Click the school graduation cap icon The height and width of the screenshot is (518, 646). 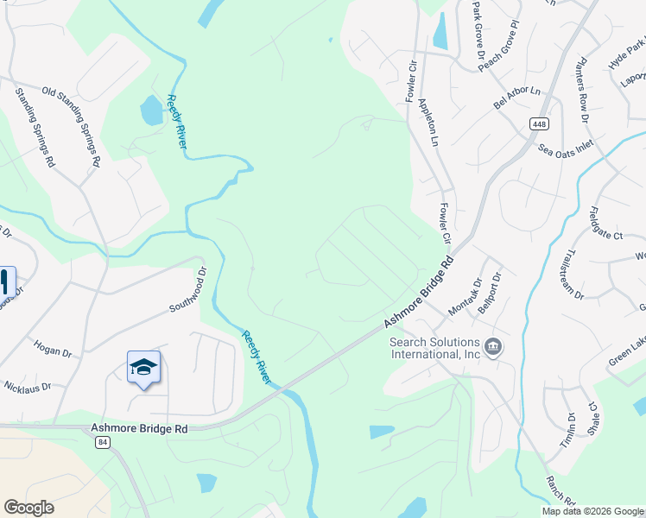point(143,369)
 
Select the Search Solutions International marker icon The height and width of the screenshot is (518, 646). point(493,348)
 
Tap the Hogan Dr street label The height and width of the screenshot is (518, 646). point(53,351)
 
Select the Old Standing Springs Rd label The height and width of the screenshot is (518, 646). point(72,126)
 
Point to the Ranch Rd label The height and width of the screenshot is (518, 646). point(560,490)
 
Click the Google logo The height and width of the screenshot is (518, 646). point(28,508)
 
